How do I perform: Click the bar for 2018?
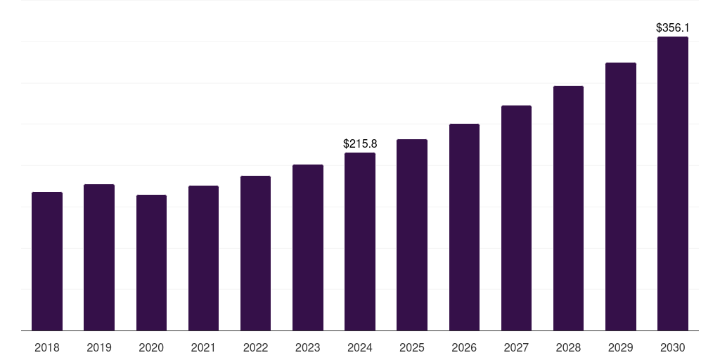[x=47, y=261]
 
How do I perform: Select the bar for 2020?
[x=151, y=262]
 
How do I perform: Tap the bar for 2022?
[x=255, y=253]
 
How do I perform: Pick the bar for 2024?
[x=360, y=241]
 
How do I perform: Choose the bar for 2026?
[x=464, y=227]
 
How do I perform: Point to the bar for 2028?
[x=568, y=208]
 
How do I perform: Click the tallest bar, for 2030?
[x=672, y=184]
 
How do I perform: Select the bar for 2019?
[x=99, y=257]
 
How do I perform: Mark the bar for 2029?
[x=620, y=196]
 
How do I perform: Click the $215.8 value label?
[x=360, y=143]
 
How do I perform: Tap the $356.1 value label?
[x=672, y=28]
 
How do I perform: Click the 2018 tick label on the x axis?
[x=47, y=348]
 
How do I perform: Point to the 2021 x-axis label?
[x=203, y=348]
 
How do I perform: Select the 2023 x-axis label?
[x=307, y=348]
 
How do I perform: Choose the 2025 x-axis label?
[x=412, y=348]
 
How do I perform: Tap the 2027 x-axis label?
[x=516, y=348]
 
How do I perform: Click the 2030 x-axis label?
[x=672, y=348]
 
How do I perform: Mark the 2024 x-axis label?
[x=360, y=348]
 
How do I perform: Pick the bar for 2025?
[x=412, y=235]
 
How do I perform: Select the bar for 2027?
[x=516, y=218]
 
